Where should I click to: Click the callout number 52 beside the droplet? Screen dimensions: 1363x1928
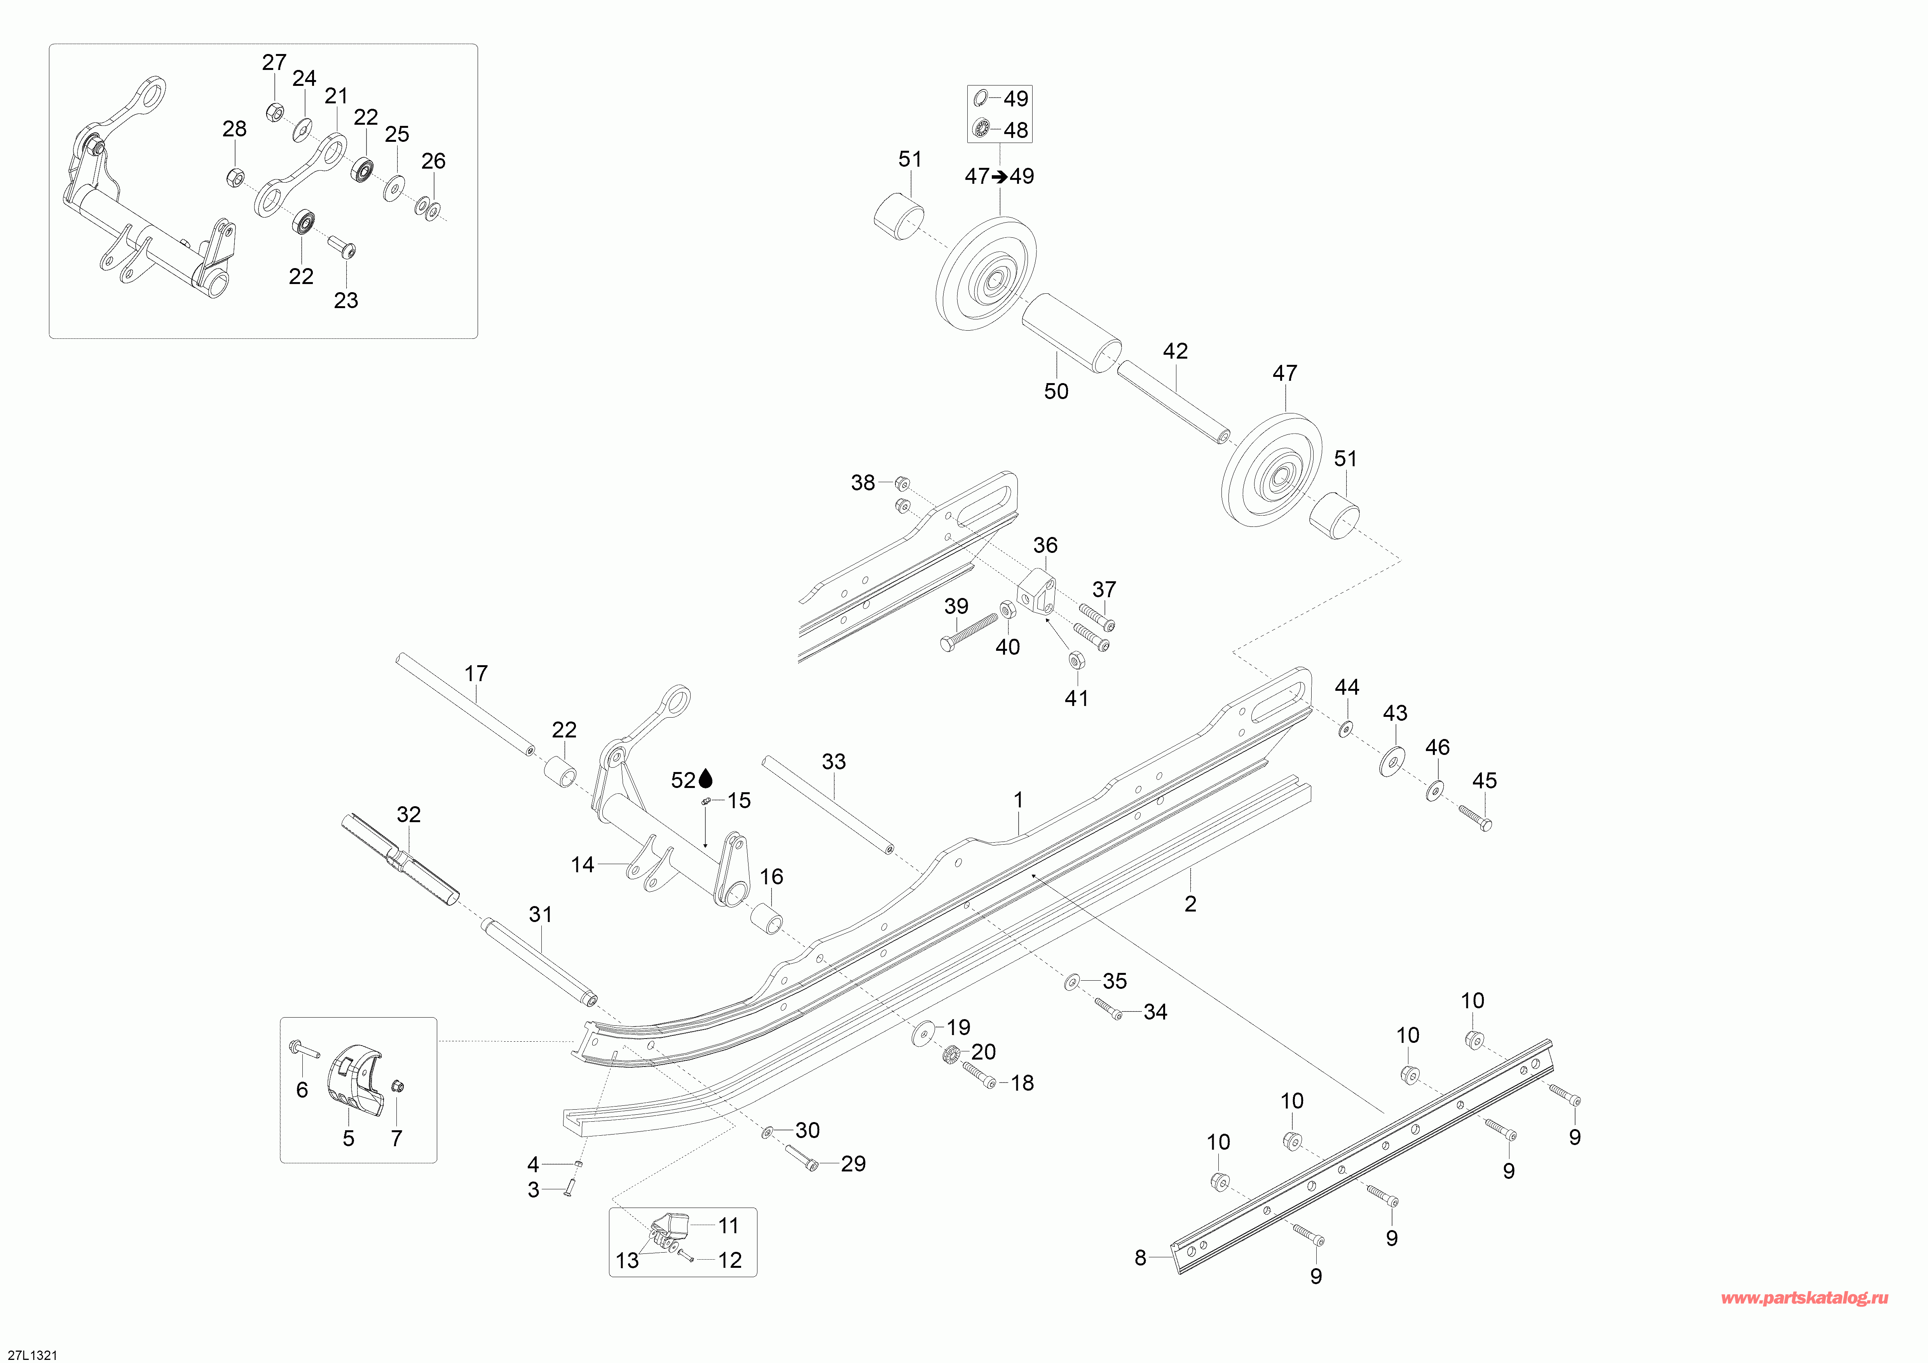click(x=683, y=781)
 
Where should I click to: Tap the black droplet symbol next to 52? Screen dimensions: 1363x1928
click(x=705, y=780)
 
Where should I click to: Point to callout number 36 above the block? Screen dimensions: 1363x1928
click(x=1045, y=546)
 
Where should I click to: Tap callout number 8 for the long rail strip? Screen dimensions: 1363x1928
click(x=1139, y=1257)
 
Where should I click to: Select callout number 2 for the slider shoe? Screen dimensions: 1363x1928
click(x=1190, y=904)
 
